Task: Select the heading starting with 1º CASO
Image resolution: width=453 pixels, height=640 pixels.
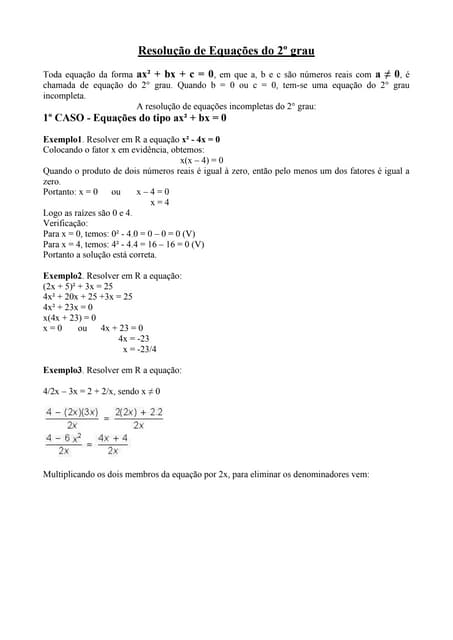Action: pyautogui.click(x=135, y=117)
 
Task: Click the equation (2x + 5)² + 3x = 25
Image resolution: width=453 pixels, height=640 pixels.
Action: pyautogui.click(x=78, y=285)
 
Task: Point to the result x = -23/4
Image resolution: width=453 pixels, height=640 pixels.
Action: pyautogui.click(x=139, y=349)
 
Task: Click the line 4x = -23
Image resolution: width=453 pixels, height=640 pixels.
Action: pyautogui.click(x=133, y=338)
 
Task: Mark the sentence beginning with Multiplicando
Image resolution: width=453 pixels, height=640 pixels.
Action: pyautogui.click(x=206, y=475)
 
